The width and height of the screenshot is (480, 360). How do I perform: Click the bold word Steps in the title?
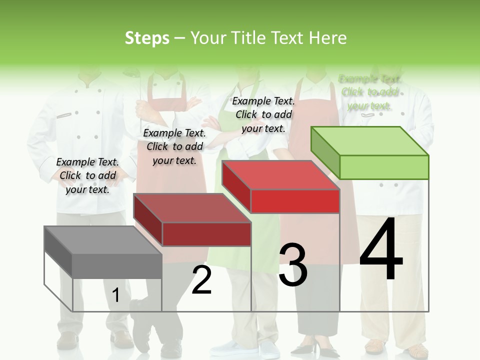pos(147,38)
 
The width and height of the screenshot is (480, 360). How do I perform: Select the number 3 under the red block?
pos(292,265)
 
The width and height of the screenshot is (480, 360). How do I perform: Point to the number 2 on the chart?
pos(201,280)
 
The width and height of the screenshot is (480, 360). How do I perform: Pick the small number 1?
pos(116,295)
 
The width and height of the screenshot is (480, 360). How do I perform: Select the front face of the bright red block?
pos(295,201)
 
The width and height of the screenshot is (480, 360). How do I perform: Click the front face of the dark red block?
pos(206,234)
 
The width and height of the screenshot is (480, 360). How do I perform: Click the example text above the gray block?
pos(87,175)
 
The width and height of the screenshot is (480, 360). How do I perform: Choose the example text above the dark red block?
pos(174,146)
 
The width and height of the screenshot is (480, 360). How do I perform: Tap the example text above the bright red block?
pos(263,114)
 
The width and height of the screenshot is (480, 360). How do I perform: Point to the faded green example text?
pos(369,92)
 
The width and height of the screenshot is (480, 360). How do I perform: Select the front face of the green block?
pos(384,167)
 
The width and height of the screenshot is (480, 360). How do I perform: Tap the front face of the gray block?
pos(117,266)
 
